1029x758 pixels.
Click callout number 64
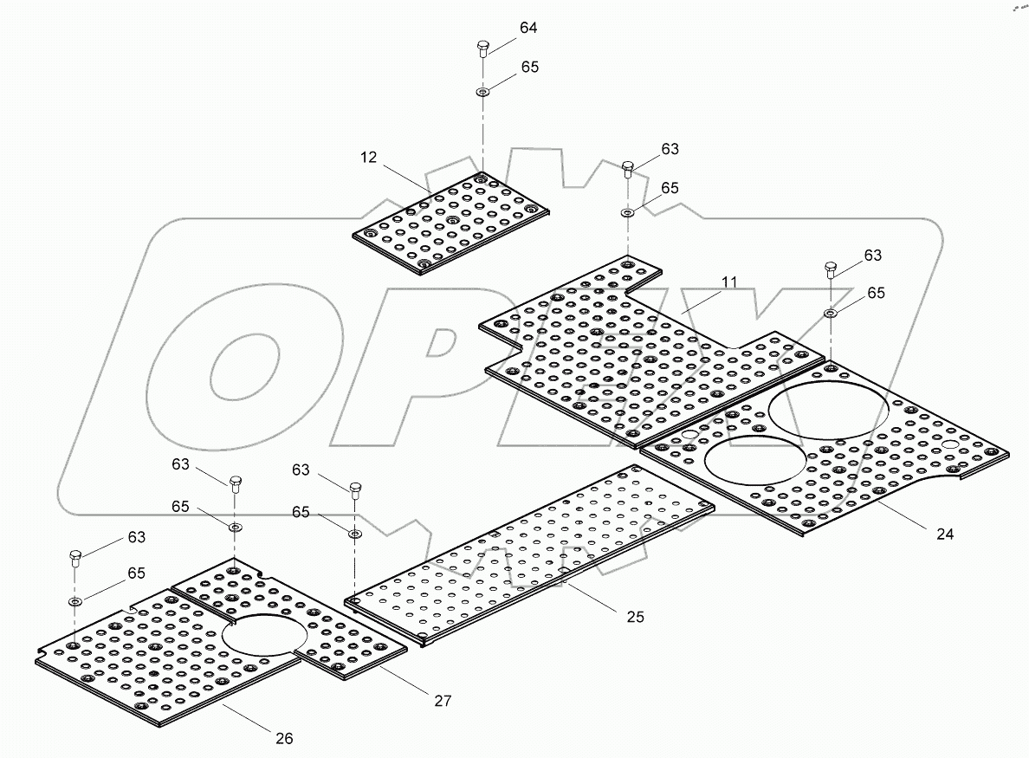pos(528,28)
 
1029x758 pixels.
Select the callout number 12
pos(370,158)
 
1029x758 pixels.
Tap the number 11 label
pos(728,282)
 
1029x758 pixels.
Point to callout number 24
pos(945,534)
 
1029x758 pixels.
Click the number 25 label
pos(636,617)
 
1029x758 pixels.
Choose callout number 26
pos(284,738)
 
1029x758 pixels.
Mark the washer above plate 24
pos(830,313)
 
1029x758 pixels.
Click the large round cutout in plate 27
pos(264,635)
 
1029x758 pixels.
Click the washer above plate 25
pos(354,533)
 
